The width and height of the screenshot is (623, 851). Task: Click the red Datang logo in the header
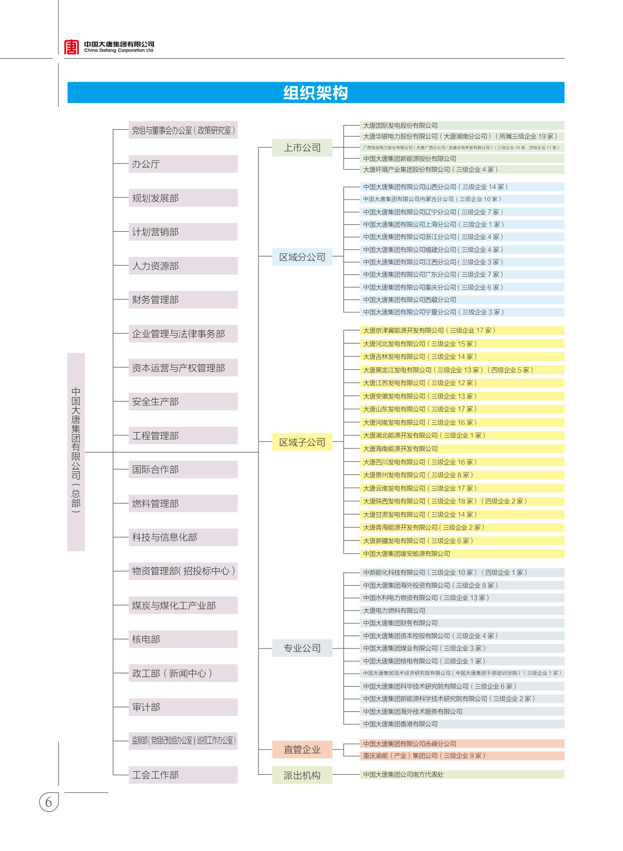coord(71,47)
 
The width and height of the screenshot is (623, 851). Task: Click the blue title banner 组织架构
coord(315,93)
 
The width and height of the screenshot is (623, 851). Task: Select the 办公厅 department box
coord(183,164)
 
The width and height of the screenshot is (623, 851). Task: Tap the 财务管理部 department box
coord(183,300)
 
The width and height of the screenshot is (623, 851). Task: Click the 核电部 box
coord(183,639)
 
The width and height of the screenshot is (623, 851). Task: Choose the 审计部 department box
coord(183,707)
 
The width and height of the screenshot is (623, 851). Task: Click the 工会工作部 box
coord(183,775)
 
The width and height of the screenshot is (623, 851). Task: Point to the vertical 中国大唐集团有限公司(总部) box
coord(76,451)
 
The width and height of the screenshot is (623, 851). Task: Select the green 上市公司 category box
coord(302,148)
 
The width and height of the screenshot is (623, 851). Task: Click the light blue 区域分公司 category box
coord(302,257)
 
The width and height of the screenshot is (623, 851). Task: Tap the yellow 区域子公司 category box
coord(302,442)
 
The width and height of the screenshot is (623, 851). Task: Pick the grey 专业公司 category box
coord(302,648)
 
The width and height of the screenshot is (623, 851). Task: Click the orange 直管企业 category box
coord(302,750)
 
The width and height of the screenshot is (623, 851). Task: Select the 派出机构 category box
coord(302,775)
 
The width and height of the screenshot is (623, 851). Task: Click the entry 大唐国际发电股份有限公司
coord(400,125)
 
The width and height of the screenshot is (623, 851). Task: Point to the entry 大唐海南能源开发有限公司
coord(400,449)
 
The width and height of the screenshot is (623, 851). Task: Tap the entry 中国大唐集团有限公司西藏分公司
coord(410,300)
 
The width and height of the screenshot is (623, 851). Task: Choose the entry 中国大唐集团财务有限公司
coord(400,623)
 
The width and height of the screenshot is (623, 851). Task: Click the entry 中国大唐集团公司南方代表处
coord(403,774)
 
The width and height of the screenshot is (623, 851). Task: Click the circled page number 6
coord(49,802)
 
